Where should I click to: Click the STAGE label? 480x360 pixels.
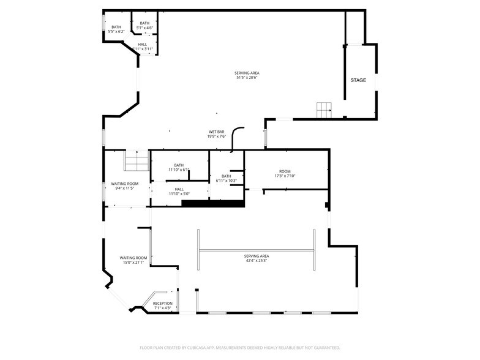[x=358, y=80]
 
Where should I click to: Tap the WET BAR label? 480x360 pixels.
[x=217, y=132]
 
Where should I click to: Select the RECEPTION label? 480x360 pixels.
[x=162, y=304]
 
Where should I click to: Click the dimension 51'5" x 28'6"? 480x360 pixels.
[x=247, y=78]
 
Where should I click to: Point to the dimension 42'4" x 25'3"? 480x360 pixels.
[x=257, y=260]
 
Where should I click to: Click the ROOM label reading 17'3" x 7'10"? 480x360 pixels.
[x=285, y=171]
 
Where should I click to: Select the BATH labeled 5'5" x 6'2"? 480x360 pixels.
[x=116, y=27]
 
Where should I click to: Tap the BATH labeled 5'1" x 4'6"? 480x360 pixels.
[x=144, y=23]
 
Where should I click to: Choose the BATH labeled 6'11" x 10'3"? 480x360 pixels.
[x=227, y=176]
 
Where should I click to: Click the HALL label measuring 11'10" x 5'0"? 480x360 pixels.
[x=179, y=189]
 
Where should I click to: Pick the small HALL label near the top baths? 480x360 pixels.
[x=142, y=44]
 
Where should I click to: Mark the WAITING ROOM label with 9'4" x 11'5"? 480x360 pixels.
[x=124, y=184]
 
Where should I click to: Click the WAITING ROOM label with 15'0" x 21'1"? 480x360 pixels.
[x=133, y=258]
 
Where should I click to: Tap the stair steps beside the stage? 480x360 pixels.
[x=323, y=110]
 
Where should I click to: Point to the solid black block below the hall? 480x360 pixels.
[x=213, y=203]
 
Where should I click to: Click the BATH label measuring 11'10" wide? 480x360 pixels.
[x=179, y=165]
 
